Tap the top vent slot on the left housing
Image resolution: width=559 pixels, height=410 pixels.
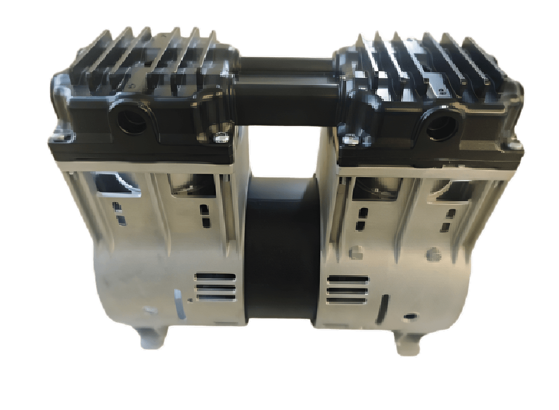(215, 277)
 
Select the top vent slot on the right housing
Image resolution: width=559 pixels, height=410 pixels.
(347, 280)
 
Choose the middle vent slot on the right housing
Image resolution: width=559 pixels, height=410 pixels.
(347, 291)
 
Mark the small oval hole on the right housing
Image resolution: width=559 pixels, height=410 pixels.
(409, 316)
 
